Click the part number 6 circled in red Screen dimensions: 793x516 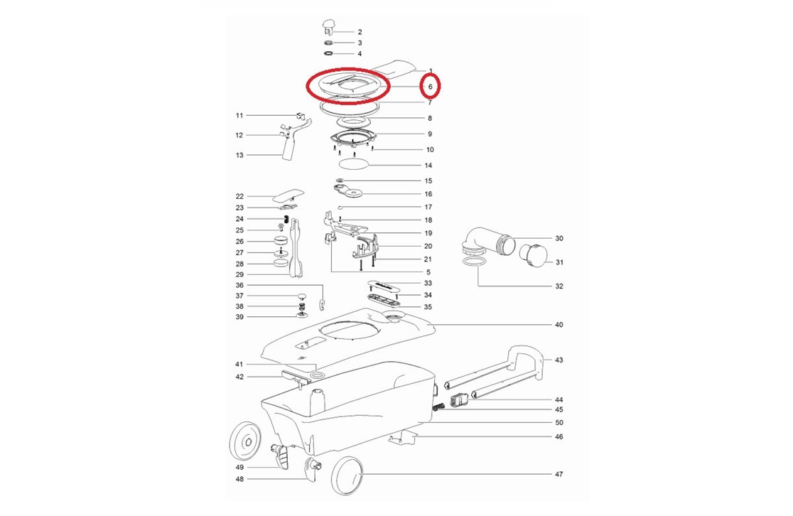pos(431,87)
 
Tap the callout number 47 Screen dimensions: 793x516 pos(559,474)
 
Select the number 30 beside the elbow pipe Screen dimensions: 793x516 pos(559,238)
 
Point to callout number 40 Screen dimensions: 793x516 pos(559,325)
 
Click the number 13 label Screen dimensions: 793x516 pos(239,156)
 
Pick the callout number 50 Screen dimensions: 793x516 pos(559,423)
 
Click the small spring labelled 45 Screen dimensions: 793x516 pos(440,407)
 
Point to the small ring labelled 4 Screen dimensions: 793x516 pos(328,53)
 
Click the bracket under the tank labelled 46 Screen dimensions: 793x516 pos(402,438)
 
